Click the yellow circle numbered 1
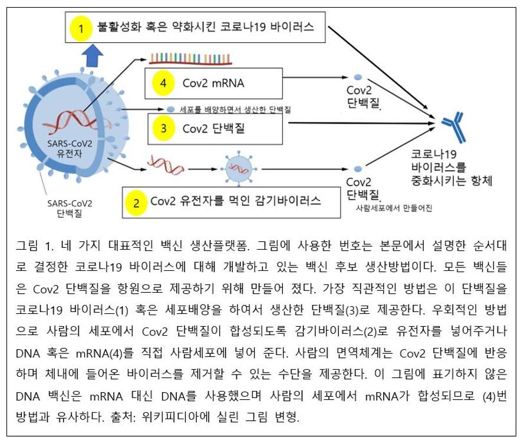click(x=81, y=28)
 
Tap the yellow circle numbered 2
click(x=137, y=203)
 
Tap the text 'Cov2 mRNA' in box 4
click(x=213, y=84)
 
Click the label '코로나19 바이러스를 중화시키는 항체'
click(x=451, y=167)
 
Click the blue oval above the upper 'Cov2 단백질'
click(x=358, y=77)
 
